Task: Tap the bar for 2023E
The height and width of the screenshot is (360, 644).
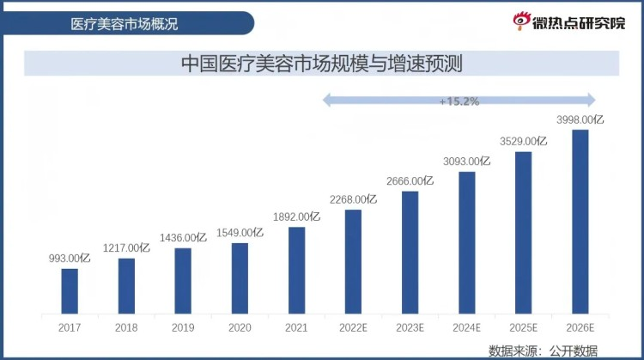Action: pos(410,252)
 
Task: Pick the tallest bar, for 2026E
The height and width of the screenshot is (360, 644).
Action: pos(580,221)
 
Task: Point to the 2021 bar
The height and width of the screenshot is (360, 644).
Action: pos(297,269)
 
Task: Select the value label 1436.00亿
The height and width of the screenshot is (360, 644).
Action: pos(183,237)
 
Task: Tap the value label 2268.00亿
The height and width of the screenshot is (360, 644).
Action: pos(353,199)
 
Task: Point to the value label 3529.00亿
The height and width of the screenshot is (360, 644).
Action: pos(523,141)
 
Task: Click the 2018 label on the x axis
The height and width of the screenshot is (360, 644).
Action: pos(126,327)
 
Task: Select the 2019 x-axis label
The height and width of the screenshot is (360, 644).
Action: pos(183,327)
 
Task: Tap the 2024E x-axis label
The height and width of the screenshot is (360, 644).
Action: pos(466,327)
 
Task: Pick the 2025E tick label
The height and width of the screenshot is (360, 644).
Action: pos(523,327)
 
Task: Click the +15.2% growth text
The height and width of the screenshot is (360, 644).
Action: pos(459,101)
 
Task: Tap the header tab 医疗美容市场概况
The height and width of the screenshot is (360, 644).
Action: pos(125,23)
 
